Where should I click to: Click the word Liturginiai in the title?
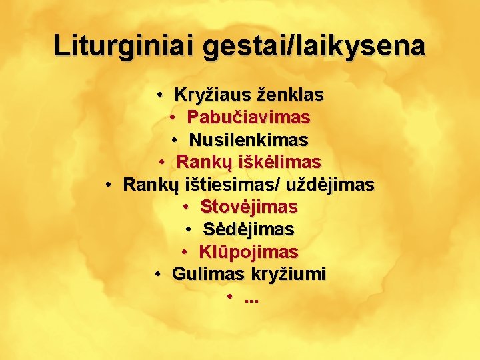pos(125,46)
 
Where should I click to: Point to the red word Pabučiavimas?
pos(249,118)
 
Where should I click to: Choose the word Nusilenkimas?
pos(249,140)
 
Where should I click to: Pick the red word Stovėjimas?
pos(249,207)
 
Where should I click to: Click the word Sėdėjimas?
pos(249,229)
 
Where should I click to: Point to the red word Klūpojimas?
pos(249,252)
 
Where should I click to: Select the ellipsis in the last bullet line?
pos(252,299)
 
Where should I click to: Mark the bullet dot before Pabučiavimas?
pos(173,119)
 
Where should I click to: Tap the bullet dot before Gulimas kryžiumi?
pos(158,275)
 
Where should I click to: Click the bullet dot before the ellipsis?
pos(231,297)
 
